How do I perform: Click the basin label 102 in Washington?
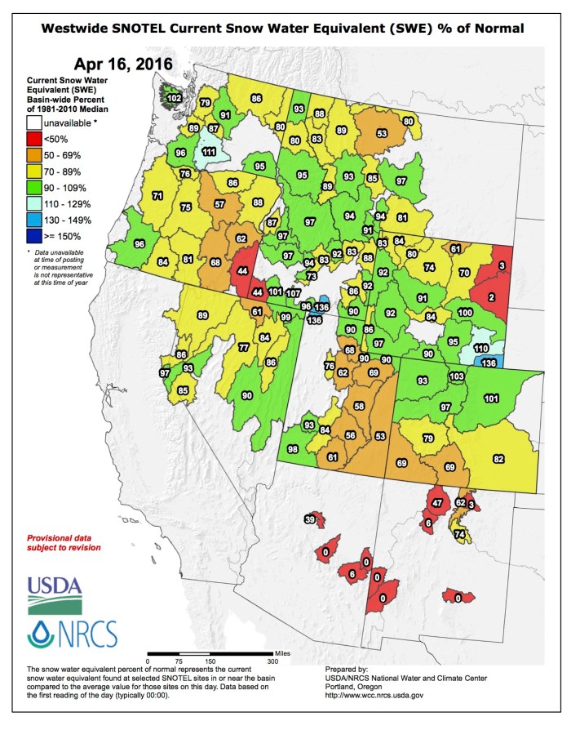(173, 98)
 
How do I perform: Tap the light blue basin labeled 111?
(209, 152)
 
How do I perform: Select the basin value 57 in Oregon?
(219, 203)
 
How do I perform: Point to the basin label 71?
(157, 195)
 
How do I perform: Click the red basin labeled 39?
(310, 519)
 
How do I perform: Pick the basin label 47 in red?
(437, 501)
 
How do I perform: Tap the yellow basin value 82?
(498, 460)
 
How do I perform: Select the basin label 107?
(293, 292)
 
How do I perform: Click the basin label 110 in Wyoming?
(480, 349)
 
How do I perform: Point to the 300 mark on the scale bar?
(272, 661)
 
